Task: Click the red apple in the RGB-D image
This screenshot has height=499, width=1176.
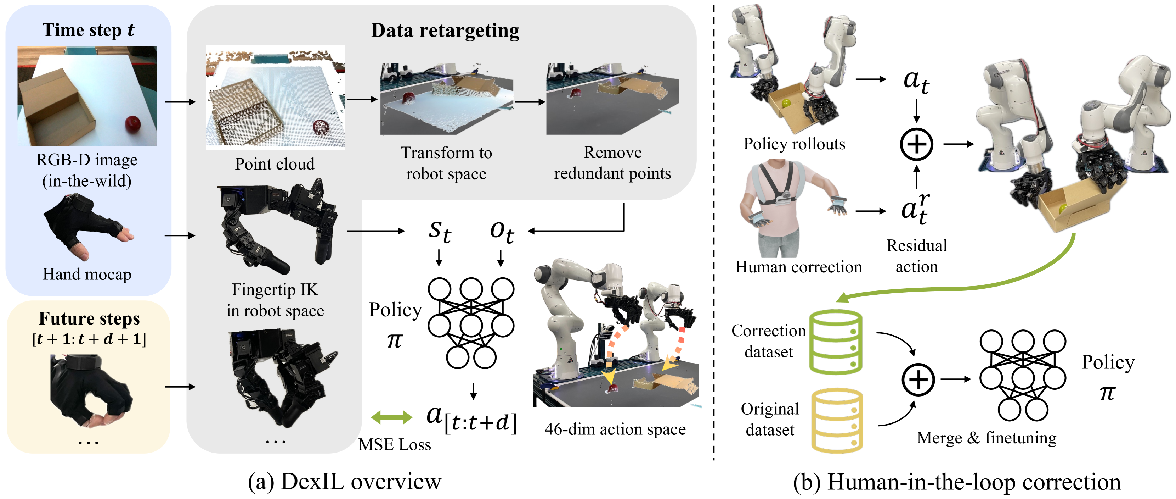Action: tap(133, 123)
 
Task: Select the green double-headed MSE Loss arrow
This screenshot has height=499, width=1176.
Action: tap(391, 417)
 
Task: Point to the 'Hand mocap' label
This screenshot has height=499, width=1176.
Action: tap(87, 274)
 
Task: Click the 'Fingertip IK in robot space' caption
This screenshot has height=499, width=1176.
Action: tap(275, 300)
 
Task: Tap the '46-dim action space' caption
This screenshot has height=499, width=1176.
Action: tap(615, 429)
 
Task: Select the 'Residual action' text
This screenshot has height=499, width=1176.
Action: tap(916, 256)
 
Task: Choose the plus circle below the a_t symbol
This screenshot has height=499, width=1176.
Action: tap(916, 144)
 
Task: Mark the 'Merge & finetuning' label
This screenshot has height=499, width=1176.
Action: tap(986, 438)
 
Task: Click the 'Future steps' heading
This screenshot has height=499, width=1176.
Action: tap(89, 318)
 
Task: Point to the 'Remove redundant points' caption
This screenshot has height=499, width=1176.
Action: tap(612, 163)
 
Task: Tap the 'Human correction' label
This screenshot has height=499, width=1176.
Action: tap(798, 267)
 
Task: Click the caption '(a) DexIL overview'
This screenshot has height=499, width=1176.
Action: tap(345, 482)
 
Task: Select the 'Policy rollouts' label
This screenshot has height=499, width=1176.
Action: tap(795, 144)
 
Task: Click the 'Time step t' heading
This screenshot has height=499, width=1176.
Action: tap(89, 30)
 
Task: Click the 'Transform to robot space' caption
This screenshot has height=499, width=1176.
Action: tap(446, 163)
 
